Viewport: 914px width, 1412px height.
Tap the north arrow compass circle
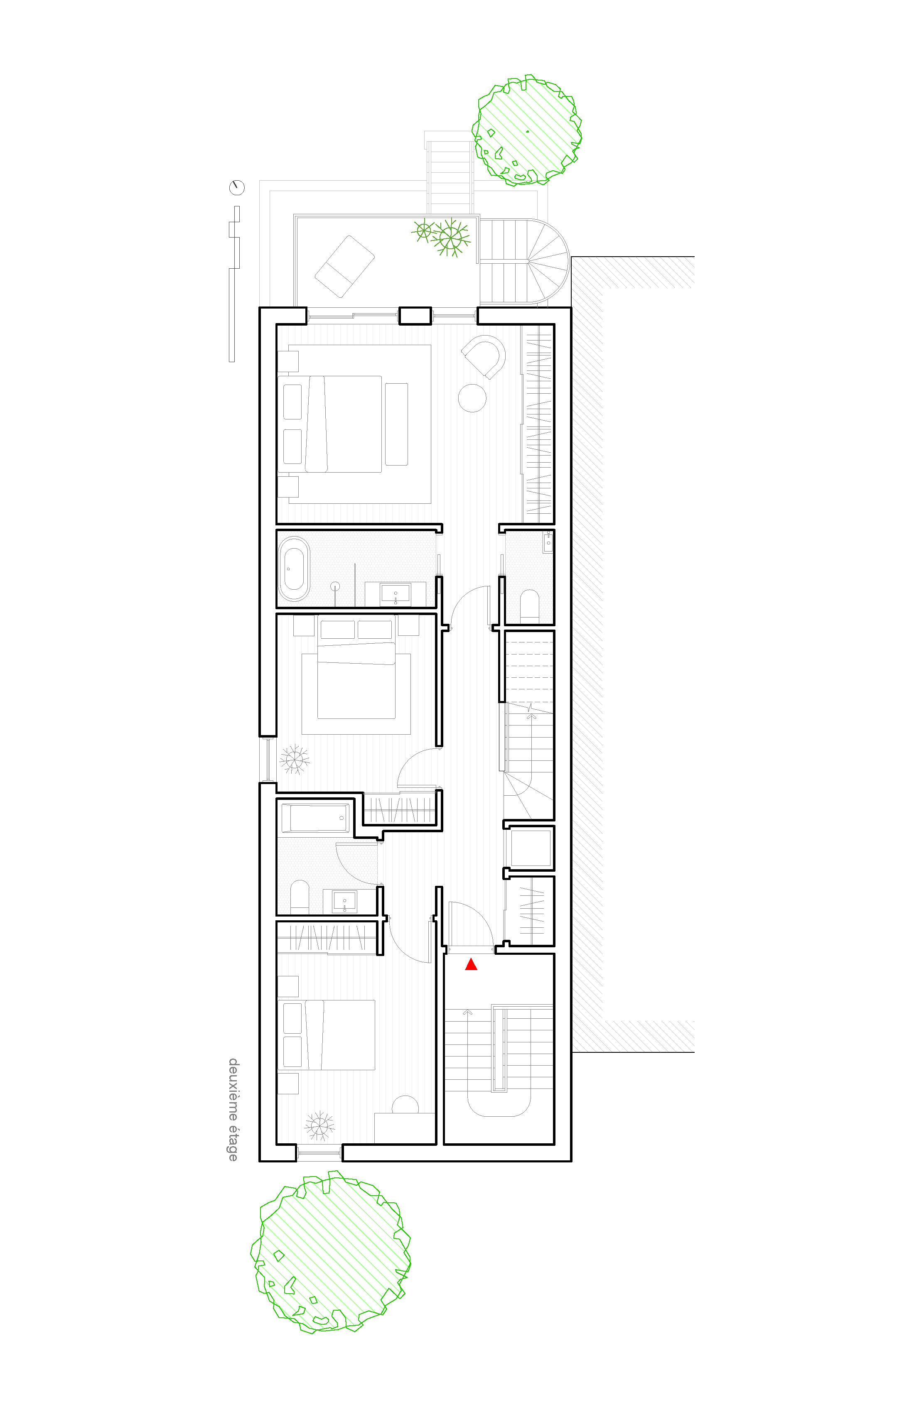pyautogui.click(x=237, y=187)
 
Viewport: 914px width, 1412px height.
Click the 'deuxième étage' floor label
pyautogui.click(x=233, y=1109)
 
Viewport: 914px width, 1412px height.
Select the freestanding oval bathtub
pyautogui.click(x=294, y=569)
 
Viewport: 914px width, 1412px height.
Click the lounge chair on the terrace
pyautogui.click(x=344, y=266)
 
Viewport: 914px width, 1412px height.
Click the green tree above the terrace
pyautogui.click(x=526, y=130)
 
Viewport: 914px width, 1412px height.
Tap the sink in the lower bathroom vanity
pyautogui.click(x=344, y=902)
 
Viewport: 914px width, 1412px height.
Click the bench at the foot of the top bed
pyautogui.click(x=396, y=424)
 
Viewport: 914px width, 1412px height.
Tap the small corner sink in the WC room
pyautogui.click(x=548, y=542)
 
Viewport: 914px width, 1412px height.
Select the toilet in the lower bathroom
pyautogui.click(x=300, y=897)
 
